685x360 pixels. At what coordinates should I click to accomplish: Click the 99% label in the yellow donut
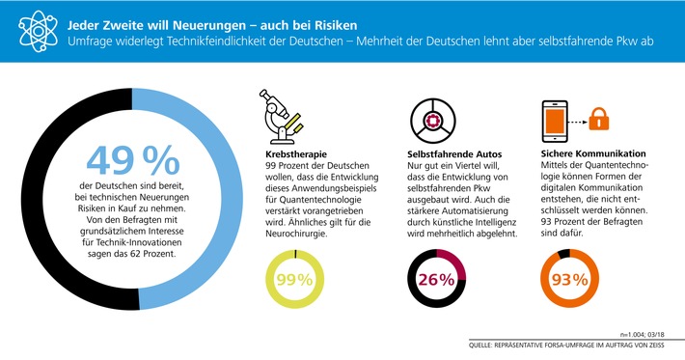(294, 281)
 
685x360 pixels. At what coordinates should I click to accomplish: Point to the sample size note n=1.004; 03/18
(646, 331)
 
